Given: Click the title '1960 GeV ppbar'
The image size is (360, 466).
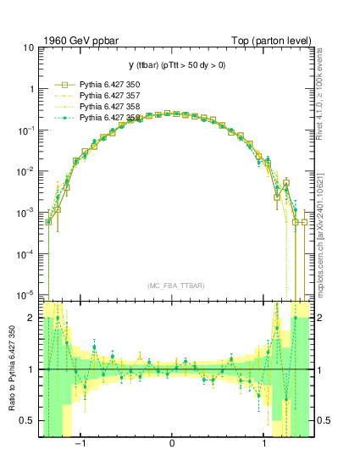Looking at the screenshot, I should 80,41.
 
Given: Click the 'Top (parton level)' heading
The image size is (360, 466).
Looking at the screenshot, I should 272,41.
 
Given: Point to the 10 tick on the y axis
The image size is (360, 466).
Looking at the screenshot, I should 30,48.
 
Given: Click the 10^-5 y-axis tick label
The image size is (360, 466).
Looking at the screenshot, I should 25,294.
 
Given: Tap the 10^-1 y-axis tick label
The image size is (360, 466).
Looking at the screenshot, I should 25,130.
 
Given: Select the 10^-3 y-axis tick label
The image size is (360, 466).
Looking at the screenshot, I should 25,212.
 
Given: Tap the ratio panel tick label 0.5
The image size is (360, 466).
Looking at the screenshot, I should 28,421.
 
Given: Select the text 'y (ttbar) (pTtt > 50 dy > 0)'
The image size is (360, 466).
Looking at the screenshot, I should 176,64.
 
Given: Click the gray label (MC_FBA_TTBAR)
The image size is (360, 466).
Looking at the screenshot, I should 176,286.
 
